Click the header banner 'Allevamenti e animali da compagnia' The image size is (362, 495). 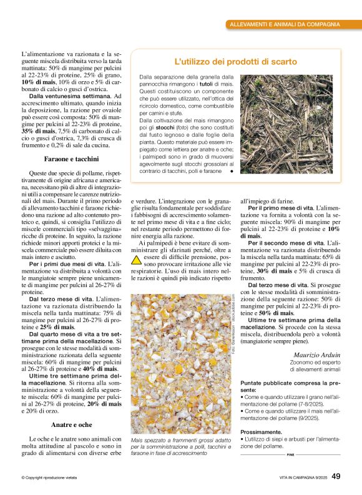point(285,24)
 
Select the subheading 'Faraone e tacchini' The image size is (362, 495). point(65,159)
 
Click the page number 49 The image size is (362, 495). point(336,476)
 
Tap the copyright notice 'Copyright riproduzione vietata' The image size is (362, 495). point(51,478)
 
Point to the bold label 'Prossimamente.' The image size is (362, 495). point(261,432)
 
